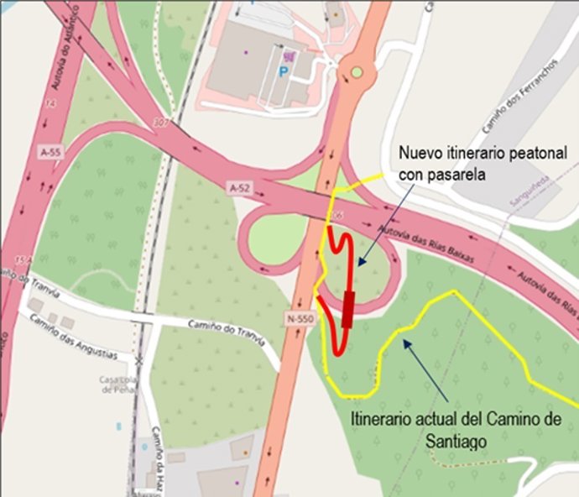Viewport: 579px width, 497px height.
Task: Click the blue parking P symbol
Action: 282,72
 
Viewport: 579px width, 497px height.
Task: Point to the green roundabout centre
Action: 357,72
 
